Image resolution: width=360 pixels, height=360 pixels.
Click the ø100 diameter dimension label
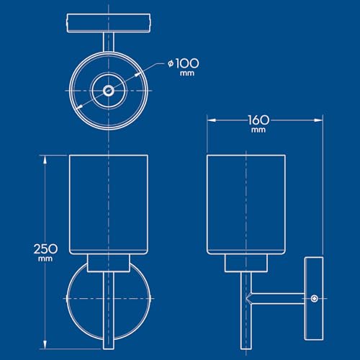[184, 63]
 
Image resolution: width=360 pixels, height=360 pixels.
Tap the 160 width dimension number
[258, 120]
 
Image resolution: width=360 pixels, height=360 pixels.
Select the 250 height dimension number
[45, 249]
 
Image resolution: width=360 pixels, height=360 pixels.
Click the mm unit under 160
[258, 130]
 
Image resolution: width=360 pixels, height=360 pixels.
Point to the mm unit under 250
[45, 259]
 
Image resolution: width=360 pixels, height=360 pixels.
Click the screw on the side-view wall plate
[315, 299]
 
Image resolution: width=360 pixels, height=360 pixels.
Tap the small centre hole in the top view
[109, 91]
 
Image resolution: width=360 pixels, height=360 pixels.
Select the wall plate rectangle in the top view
[109, 23]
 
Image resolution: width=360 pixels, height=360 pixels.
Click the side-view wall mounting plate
[314, 299]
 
